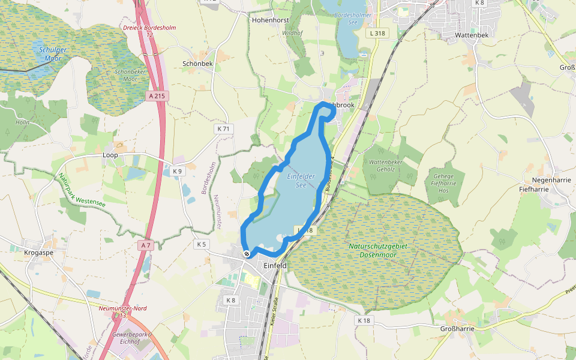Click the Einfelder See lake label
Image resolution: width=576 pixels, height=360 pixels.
pyautogui.click(x=301, y=180)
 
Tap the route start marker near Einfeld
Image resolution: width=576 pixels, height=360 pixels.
pyautogui.click(x=247, y=254)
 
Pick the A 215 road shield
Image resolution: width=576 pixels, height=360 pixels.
pyautogui.click(x=156, y=95)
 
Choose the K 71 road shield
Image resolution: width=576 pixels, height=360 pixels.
pyautogui.click(x=224, y=128)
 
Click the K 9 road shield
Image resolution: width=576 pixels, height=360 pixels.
pyautogui.click(x=177, y=171)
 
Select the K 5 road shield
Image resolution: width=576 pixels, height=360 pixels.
pyautogui.click(x=201, y=244)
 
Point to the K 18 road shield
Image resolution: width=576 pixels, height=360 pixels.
pyautogui.click(x=364, y=320)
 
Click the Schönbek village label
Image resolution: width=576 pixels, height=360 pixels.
pyautogui.click(x=197, y=63)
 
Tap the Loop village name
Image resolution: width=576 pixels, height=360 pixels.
pyautogui.click(x=110, y=155)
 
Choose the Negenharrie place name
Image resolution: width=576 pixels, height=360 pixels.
pyautogui.click(x=541, y=180)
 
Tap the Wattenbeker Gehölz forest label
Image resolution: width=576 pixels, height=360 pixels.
pyautogui.click(x=385, y=165)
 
